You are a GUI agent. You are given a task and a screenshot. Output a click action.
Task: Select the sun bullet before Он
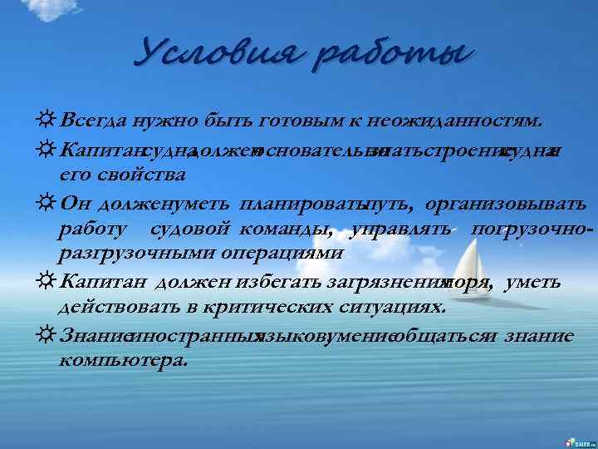tap(47, 204)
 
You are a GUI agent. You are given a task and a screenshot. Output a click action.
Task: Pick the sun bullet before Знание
tap(47, 336)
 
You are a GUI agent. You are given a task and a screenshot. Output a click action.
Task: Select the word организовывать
tap(507, 204)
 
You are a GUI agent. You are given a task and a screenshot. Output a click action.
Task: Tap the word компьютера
tap(124, 362)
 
